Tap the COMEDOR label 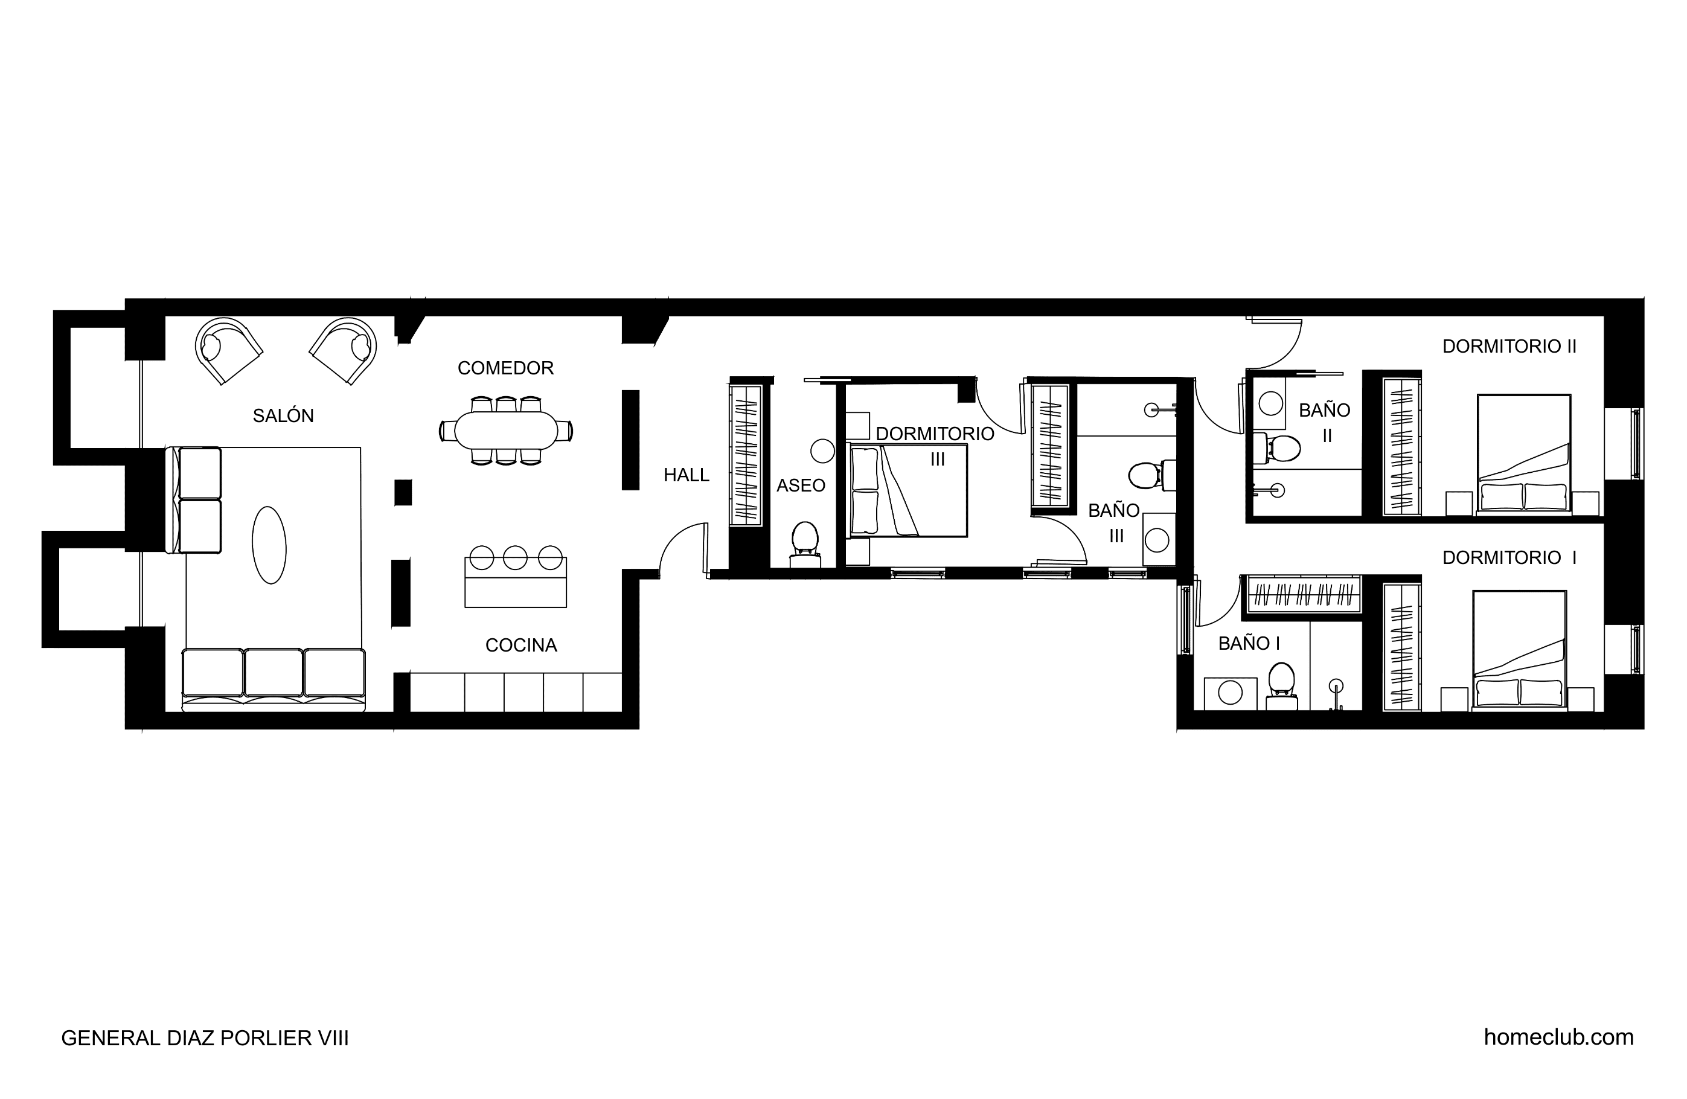coord(505,368)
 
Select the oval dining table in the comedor coord(506,431)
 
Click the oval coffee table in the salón coord(269,545)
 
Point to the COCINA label coord(521,646)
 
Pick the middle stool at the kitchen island coord(515,558)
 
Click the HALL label coord(686,475)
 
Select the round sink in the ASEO coord(823,450)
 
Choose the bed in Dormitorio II coord(1524,453)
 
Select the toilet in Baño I coord(1282,687)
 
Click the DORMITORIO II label coord(1509,346)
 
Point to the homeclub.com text coord(1559,1037)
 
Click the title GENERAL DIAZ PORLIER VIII coord(205,1038)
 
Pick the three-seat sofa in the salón coord(274,679)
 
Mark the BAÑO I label coord(1249,643)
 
